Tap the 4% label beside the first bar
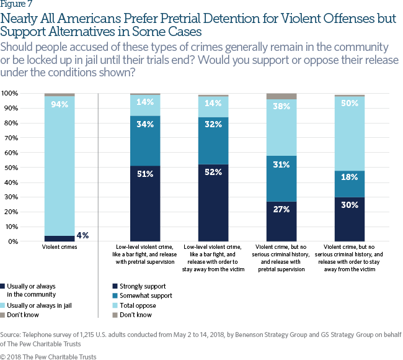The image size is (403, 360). [82, 235]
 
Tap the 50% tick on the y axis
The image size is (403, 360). [12, 167]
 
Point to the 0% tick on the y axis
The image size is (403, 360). [14, 241]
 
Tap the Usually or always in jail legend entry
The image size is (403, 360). [38, 305]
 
